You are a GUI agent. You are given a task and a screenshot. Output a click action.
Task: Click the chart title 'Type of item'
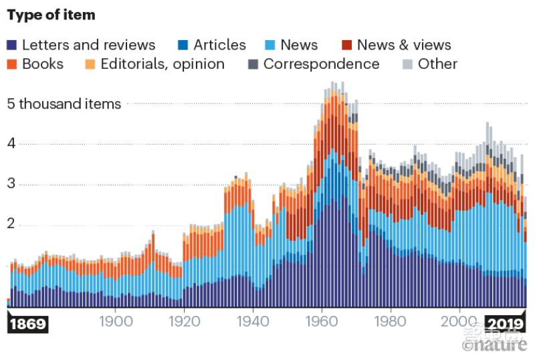click(x=51, y=15)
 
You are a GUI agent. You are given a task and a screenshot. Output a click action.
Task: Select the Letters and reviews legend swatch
click(x=12, y=46)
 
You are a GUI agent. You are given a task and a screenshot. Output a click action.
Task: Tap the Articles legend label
click(x=219, y=46)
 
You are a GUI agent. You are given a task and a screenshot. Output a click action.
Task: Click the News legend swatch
click(x=270, y=46)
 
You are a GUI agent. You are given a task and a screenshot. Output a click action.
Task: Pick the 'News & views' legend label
click(x=404, y=46)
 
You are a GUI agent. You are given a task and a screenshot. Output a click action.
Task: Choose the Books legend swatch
click(x=12, y=64)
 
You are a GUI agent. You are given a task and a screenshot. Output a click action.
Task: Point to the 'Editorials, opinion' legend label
click(x=163, y=64)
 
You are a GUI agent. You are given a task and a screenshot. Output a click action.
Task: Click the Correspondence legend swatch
click(x=253, y=64)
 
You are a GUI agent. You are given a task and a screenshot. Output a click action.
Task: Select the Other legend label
click(x=437, y=64)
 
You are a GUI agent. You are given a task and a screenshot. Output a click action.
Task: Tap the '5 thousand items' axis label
click(x=64, y=104)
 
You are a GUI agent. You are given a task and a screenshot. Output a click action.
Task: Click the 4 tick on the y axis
click(x=10, y=144)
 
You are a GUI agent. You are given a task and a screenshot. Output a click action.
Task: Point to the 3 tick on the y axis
click(x=10, y=185)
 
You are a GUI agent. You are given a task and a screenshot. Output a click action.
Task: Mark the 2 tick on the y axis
click(x=10, y=225)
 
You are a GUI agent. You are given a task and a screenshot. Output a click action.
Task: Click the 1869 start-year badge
click(x=28, y=325)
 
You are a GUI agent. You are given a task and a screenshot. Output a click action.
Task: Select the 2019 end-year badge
click(x=505, y=325)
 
